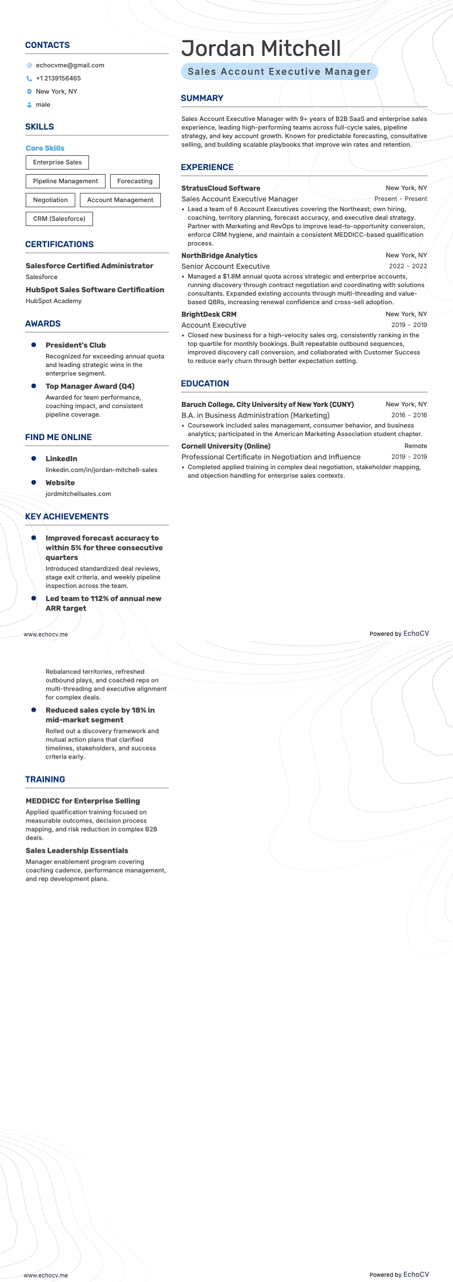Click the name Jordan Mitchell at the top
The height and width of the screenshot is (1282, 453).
261,49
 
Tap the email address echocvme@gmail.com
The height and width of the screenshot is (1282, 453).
70,65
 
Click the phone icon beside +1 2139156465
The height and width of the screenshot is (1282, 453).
29,79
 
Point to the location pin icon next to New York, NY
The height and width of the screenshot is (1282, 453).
29,91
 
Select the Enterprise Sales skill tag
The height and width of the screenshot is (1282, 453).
57,162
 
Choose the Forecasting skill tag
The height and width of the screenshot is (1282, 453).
135,181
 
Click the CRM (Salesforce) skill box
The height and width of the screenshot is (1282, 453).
59,219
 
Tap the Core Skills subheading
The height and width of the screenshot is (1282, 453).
45,148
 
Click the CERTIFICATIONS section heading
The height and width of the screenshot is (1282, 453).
59,244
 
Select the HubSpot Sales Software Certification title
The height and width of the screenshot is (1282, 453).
95,289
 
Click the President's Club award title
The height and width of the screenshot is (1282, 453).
75,345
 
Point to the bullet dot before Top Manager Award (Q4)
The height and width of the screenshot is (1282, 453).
34,386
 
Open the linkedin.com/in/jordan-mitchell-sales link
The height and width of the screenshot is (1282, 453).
101,470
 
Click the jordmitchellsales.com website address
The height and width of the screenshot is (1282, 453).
78,494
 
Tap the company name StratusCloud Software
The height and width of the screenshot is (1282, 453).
220,188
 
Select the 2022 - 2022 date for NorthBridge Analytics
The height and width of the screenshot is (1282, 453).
407,266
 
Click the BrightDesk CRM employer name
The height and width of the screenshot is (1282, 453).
208,314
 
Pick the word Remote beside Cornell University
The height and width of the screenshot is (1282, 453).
415,446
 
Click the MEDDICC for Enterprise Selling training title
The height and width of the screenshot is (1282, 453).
83,801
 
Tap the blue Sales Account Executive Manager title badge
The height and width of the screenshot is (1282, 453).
279,71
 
